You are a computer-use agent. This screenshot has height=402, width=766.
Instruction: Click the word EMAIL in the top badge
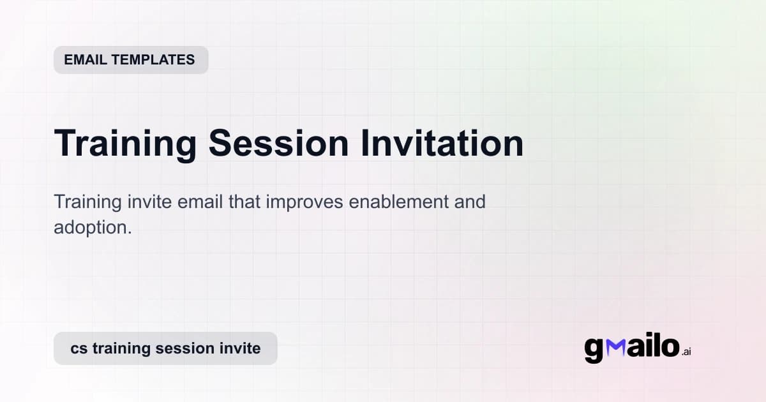(x=87, y=60)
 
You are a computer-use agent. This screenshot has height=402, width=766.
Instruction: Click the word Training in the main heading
(x=125, y=143)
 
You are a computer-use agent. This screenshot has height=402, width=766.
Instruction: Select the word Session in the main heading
(x=278, y=143)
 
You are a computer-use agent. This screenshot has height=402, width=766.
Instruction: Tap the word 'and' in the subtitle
(x=471, y=202)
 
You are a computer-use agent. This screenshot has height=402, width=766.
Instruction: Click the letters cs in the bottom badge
(x=79, y=348)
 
